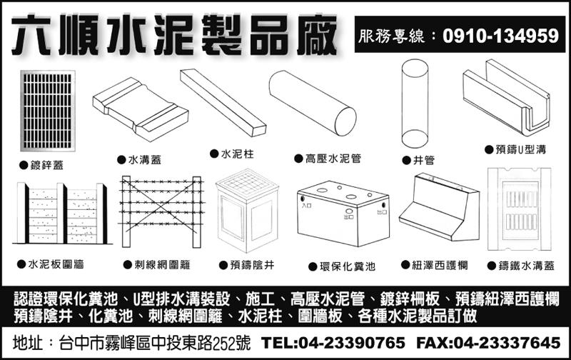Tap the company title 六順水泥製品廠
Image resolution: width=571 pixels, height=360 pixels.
pos(174,36)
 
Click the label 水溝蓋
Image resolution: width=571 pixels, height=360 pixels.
pos(144,161)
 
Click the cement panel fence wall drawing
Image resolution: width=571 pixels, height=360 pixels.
pos(62,214)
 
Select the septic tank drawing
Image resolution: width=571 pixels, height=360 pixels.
pos(343,215)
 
